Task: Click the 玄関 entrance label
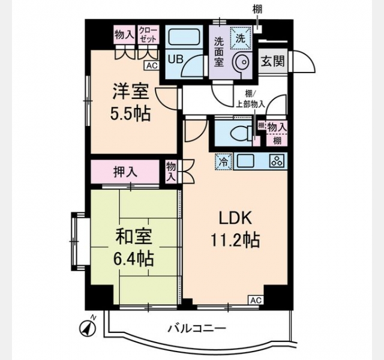coord(272,61)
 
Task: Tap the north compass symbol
coord(88,327)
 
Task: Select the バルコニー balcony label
coord(197,328)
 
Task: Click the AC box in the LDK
coord(256,300)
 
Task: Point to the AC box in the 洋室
coord(152,65)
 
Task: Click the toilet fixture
coord(242,133)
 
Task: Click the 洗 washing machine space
coord(240,38)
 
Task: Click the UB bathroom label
coord(175,59)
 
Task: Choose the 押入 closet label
coord(125,172)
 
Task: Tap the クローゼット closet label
coord(148,35)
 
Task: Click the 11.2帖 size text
coord(235,240)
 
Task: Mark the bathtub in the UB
coord(184,36)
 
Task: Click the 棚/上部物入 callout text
coord(250,99)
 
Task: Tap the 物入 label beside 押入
coord(170,172)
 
